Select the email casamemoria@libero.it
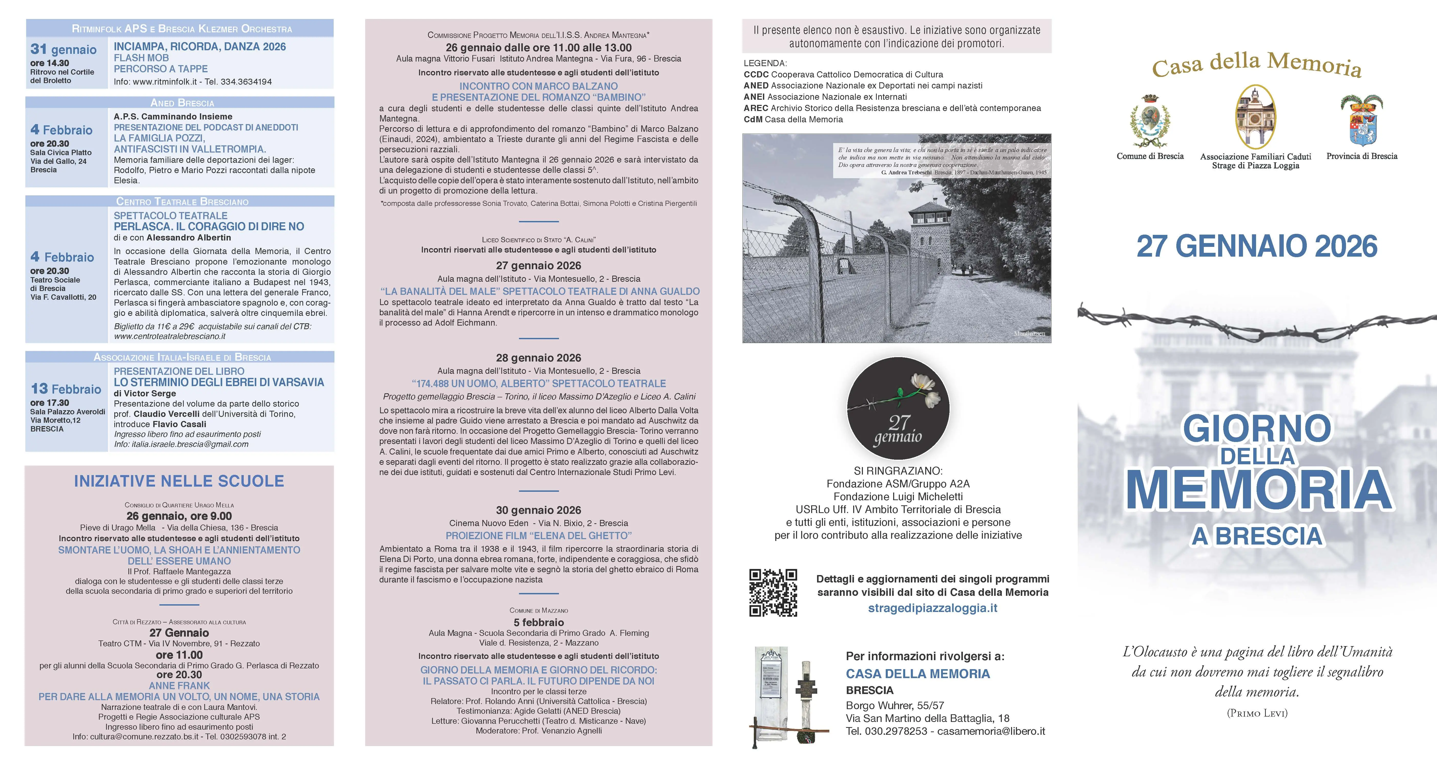(x=991, y=731)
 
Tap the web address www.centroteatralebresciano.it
(x=170, y=336)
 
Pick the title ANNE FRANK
(x=179, y=685)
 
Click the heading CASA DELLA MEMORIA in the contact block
(x=918, y=673)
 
